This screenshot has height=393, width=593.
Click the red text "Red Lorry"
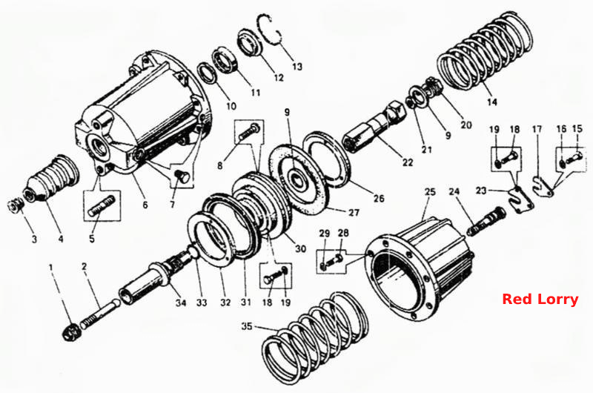[x=540, y=300]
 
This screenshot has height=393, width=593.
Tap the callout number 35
[x=247, y=326]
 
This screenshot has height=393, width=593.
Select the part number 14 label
[x=491, y=102]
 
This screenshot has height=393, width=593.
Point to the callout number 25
[x=430, y=191]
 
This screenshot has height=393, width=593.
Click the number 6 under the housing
[x=145, y=205]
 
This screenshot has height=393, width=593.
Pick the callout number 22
[x=407, y=162]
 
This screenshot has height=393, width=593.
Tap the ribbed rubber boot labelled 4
[x=52, y=179]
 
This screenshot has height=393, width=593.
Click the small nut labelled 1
[x=70, y=332]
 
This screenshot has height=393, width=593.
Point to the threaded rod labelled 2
[x=100, y=313]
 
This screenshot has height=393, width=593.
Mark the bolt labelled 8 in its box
[x=249, y=131]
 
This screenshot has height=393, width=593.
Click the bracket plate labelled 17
[x=543, y=185]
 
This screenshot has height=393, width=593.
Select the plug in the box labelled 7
[x=182, y=176]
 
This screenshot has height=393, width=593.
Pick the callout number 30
[x=301, y=248]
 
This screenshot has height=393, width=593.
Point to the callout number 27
[x=354, y=212]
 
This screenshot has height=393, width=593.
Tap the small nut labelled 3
[x=16, y=206]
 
